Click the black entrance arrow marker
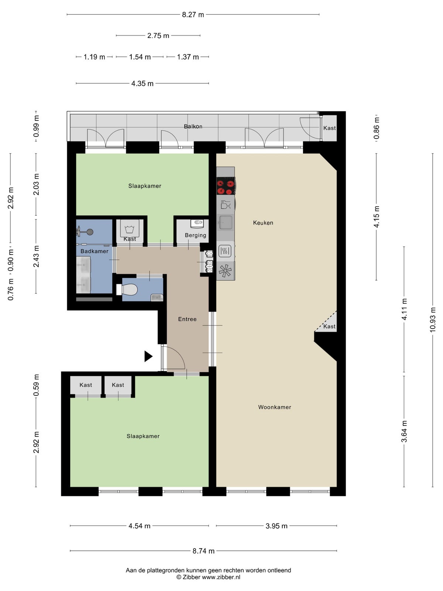click(148, 356)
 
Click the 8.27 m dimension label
click(193, 14)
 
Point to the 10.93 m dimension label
click(433, 320)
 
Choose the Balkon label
click(193, 126)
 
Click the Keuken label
click(263, 223)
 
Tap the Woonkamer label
click(274, 407)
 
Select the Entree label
click(187, 319)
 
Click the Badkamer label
click(95, 251)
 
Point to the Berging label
click(195, 235)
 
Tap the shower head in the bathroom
click(85, 232)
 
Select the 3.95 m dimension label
click(276, 526)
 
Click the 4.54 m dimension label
click(139, 526)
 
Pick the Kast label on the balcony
click(329, 128)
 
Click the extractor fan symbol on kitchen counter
click(225, 271)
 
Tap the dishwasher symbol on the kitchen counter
click(226, 205)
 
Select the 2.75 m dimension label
click(158, 35)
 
